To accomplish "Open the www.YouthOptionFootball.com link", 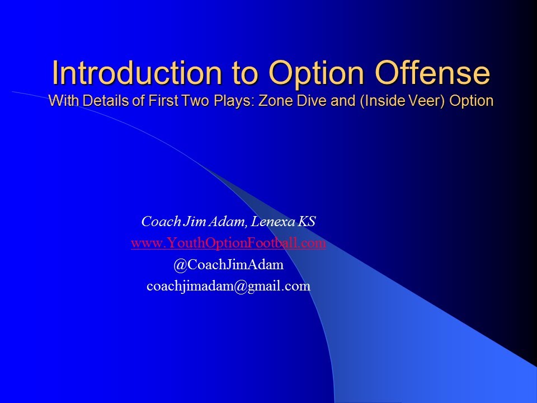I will (228, 243).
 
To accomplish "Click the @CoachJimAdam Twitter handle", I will (228, 265).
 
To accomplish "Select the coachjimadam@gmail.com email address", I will (228, 286).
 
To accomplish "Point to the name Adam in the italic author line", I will (230, 222).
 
